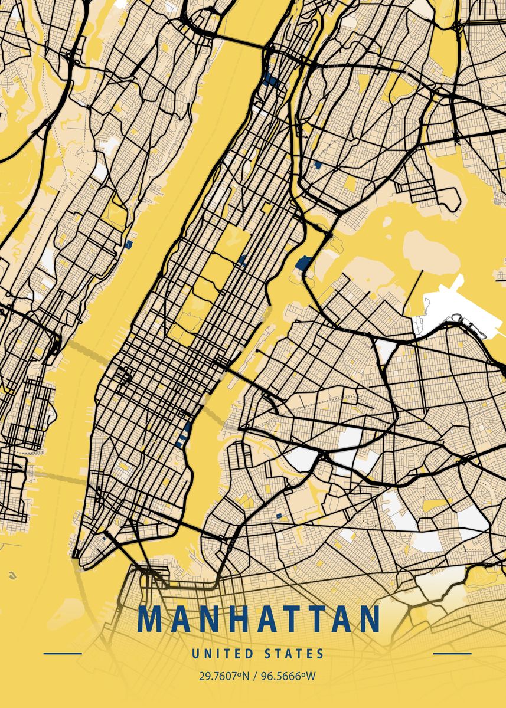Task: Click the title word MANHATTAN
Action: [259, 619]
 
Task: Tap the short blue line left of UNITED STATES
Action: [63, 654]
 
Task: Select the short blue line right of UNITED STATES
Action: [452, 654]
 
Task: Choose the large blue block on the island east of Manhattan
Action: [303, 262]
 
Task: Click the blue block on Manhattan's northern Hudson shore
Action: [272, 80]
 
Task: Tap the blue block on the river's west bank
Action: [128, 242]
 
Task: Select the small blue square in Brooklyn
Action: [278, 516]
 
